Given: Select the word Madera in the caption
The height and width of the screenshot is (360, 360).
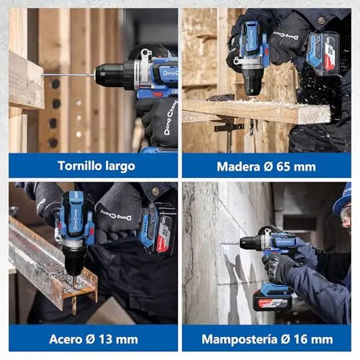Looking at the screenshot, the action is [x=238, y=167].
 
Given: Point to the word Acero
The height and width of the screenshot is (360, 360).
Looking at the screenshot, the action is [x=66, y=339].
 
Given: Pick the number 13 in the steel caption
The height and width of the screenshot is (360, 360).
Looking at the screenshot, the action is [x=105, y=339].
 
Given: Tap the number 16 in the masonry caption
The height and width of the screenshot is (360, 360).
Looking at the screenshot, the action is [x=301, y=339].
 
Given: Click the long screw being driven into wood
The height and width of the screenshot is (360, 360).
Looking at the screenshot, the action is [x=68, y=76].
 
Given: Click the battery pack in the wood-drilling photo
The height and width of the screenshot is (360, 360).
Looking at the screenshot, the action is [x=323, y=54].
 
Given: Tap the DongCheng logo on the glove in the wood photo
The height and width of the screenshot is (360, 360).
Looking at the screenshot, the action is [x=286, y=35].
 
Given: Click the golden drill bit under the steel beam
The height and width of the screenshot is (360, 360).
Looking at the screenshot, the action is [x=74, y=305].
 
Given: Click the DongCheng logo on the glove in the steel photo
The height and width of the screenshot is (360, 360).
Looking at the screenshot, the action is [x=116, y=215].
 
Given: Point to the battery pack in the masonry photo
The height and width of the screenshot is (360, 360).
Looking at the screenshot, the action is [x=273, y=297].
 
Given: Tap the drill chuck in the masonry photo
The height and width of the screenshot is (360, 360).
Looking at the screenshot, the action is [x=251, y=243].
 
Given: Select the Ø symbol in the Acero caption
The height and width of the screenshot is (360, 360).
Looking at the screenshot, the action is [x=91, y=339].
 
